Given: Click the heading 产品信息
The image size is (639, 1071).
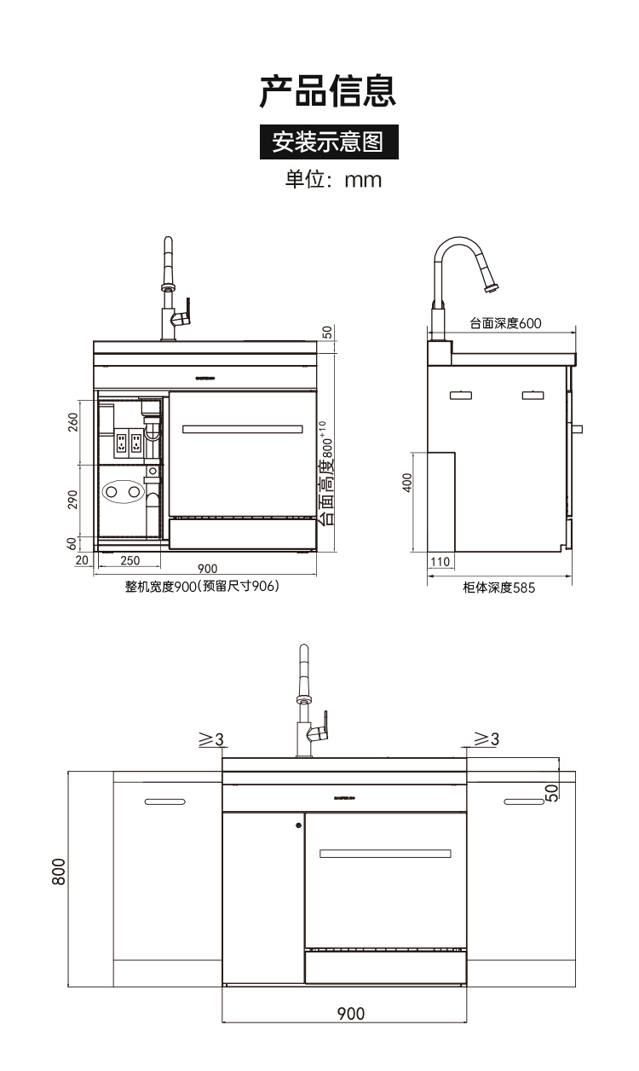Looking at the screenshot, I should point(328,91).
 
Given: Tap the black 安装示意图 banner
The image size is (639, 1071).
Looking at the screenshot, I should point(328,142).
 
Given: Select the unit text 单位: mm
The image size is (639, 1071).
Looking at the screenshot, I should point(333,180).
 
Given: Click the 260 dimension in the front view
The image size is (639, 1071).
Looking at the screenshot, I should point(73,423).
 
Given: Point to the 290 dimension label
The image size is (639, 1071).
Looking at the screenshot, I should point(73,500).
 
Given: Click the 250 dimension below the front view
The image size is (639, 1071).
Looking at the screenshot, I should point(130,560).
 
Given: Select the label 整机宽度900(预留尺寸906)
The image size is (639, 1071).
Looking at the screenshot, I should point(203,588).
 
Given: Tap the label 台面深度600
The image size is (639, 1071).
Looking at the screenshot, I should point(505,323).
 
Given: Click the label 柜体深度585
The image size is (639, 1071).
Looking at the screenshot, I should point(499,588).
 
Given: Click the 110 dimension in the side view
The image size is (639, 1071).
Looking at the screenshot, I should point(440,562).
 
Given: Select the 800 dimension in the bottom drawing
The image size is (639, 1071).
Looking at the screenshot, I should point(59,871).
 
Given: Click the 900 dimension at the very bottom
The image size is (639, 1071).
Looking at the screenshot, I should point(350,1014).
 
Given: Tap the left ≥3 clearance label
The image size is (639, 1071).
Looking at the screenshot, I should point(210,739).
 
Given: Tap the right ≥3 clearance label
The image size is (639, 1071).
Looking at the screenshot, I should point(486,739).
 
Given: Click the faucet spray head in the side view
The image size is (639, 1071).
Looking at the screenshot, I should point(490,286).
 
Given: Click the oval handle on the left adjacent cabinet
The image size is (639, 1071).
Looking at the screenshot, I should point(164,802).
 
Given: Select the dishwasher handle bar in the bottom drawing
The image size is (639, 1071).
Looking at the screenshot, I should point(385,854).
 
